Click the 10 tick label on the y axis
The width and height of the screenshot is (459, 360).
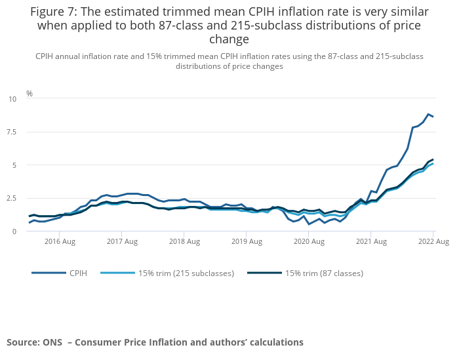click(x=12, y=99)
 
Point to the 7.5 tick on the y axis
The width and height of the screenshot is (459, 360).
click(x=12, y=132)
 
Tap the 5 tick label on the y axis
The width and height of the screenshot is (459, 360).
click(x=14, y=165)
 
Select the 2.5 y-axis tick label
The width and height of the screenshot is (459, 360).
click(x=12, y=198)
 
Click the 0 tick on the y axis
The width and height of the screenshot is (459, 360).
click(x=14, y=231)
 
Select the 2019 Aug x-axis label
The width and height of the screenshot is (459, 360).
click(x=247, y=242)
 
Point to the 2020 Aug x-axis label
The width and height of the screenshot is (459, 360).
click(x=309, y=242)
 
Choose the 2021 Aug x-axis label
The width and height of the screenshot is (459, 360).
click(x=372, y=242)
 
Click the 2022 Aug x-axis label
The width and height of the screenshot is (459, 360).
click(x=433, y=242)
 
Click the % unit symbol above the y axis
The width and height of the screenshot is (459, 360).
click(x=29, y=94)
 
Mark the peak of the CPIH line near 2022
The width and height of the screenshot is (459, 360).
click(x=428, y=114)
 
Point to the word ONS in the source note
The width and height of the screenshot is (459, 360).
click(x=54, y=342)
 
